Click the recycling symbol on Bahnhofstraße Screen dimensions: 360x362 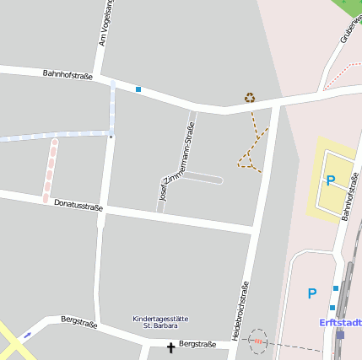(x=250, y=98)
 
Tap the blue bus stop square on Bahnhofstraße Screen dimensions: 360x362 (x=138, y=89)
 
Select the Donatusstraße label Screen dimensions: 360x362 (x=78, y=205)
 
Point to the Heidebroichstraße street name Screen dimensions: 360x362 (x=240, y=310)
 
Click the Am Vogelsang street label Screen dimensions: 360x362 (x=106, y=23)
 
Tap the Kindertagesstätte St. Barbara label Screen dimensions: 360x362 (x=160, y=321)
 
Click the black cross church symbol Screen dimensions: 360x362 (x=170, y=347)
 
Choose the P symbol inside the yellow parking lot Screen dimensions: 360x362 (x=331, y=180)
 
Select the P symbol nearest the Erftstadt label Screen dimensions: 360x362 (x=312, y=293)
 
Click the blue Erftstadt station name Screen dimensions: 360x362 (x=341, y=322)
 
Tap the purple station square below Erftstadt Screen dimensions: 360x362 (x=340, y=334)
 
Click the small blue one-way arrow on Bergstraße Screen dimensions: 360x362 (x=28, y=335)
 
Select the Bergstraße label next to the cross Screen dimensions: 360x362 (x=197, y=344)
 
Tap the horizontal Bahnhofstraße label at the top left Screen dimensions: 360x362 (x=68, y=76)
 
